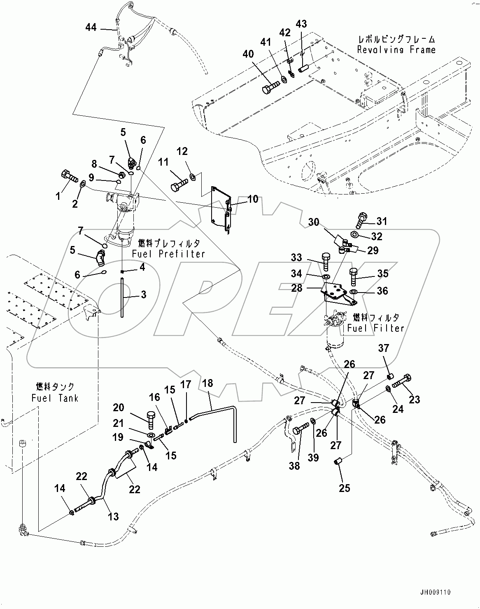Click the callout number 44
coord(91,27)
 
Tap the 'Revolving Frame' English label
coord(396,50)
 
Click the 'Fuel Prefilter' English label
coord(168,254)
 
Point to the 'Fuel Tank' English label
coord(55,398)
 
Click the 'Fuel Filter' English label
coord(375,328)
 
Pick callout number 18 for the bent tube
coord(207,383)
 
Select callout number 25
coord(344,488)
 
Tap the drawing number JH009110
coord(436,593)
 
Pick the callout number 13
coord(113,516)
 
